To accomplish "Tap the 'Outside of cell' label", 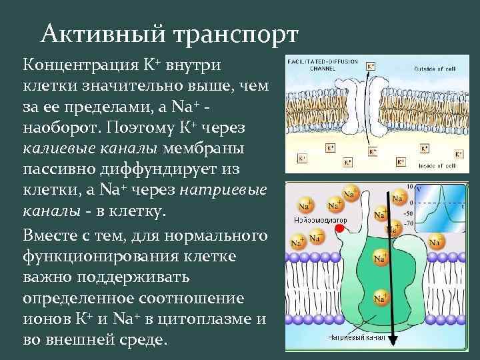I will click(x=436, y=69).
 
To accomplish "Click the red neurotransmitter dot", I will click(x=340, y=229).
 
